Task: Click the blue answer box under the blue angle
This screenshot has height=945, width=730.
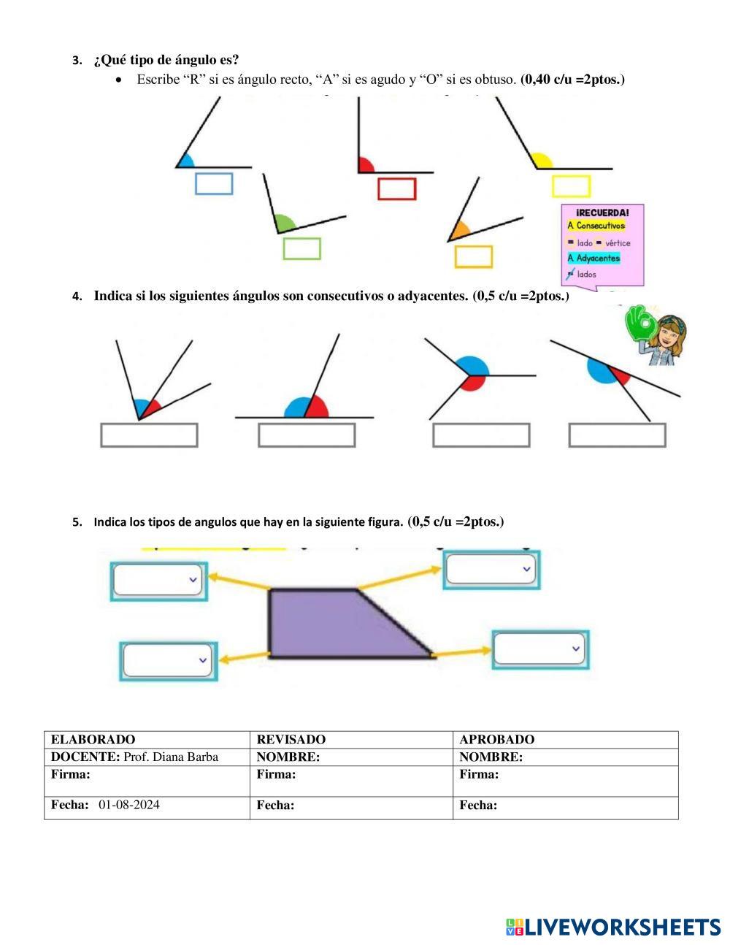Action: coord(214,183)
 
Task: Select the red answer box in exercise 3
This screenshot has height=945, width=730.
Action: coord(396,188)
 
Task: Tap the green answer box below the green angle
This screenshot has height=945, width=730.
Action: coord(301,248)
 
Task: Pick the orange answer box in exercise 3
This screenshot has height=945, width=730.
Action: coord(473,256)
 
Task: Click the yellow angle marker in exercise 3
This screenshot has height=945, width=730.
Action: coord(541,161)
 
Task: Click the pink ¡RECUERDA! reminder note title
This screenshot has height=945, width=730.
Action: coord(602,212)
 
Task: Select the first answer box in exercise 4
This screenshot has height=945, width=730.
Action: coord(149,435)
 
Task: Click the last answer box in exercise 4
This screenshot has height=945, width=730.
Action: coord(617,435)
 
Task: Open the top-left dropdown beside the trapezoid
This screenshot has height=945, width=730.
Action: coord(159,580)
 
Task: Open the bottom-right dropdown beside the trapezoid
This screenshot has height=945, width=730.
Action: coord(539,649)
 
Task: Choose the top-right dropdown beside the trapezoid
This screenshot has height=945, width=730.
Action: coord(491,569)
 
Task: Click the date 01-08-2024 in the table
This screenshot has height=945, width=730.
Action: coord(128,805)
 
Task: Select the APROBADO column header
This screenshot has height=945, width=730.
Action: coord(496,739)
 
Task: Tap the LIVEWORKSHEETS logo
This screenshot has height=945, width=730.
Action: coord(613,927)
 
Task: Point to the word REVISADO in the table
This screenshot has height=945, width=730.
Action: coord(291,739)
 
